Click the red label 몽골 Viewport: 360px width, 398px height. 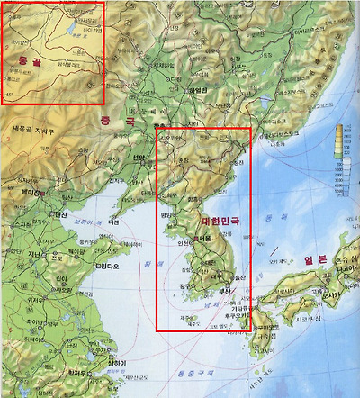coord(23,60)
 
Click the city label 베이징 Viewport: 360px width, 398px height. coord(31,193)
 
